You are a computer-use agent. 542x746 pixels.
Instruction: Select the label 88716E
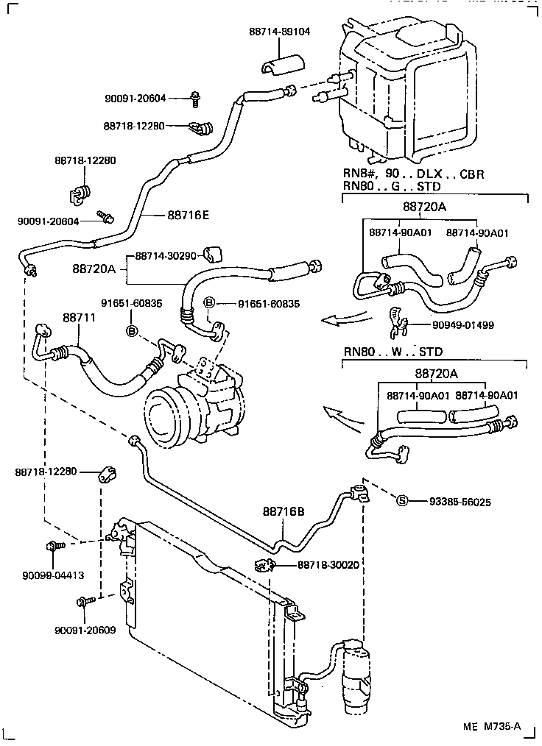(188, 215)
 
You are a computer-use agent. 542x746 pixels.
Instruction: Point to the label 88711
(77, 318)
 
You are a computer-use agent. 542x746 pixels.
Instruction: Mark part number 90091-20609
(85, 630)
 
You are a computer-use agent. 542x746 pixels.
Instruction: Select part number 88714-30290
(166, 257)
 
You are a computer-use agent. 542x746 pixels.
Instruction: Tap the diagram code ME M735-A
(492, 727)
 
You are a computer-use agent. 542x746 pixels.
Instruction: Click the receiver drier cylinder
(358, 673)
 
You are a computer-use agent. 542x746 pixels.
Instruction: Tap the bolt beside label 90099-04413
(54, 547)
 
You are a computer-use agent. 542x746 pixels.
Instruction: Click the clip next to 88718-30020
(264, 565)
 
